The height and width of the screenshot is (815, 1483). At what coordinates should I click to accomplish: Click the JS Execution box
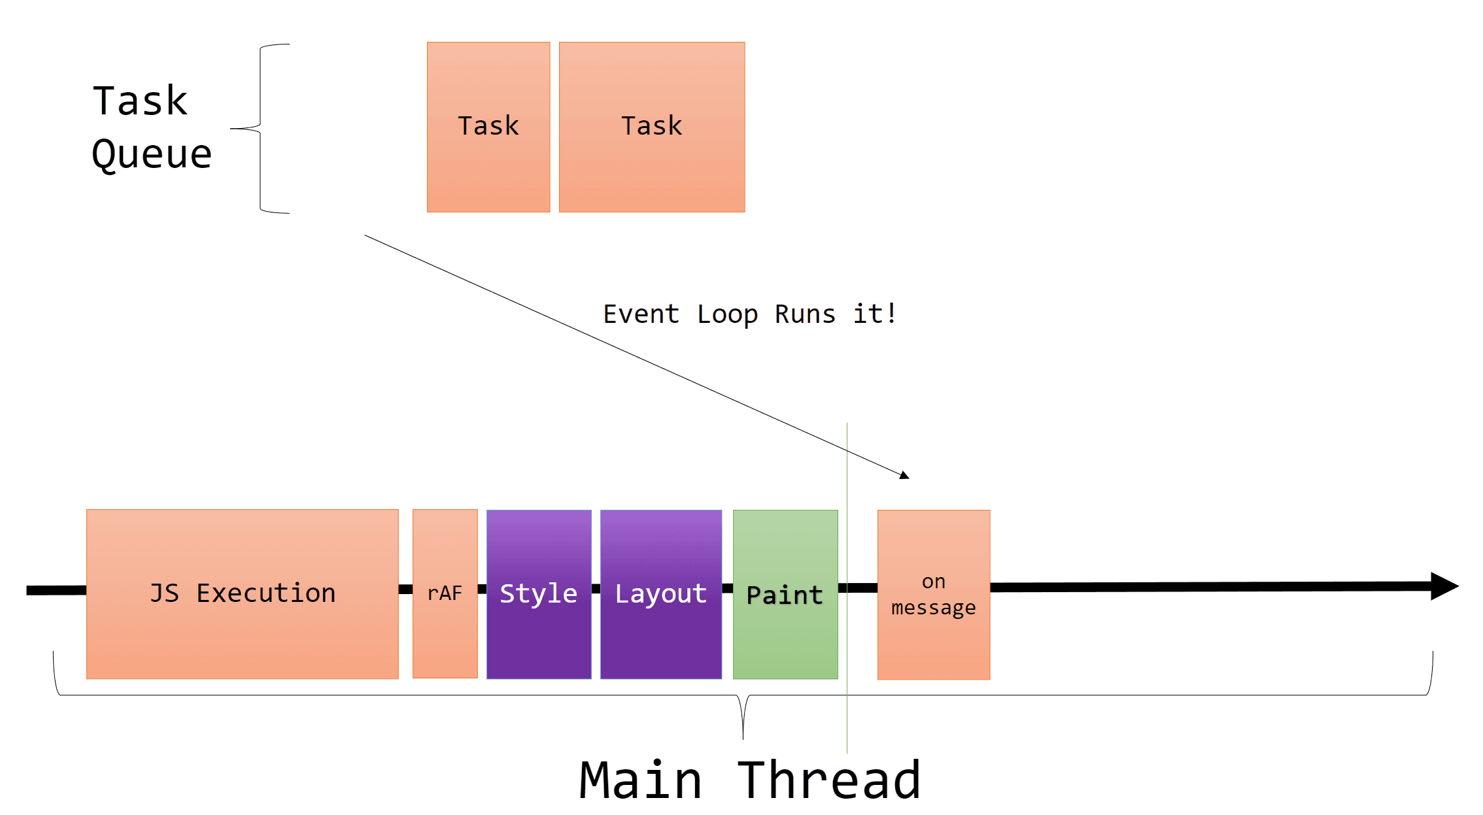(242, 593)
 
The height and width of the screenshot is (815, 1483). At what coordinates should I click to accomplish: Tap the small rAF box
(445, 593)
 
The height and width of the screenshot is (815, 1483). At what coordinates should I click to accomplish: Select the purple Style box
(539, 593)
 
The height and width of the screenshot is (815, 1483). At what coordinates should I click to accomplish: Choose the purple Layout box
(660, 593)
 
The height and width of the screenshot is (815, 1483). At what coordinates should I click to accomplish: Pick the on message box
(933, 595)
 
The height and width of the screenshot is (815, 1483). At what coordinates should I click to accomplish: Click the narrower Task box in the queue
(488, 127)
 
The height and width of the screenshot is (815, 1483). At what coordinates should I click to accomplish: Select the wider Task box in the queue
(651, 127)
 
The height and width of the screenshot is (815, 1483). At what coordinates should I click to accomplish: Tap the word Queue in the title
(152, 156)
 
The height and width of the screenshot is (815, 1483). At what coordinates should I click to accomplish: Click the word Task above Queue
(140, 101)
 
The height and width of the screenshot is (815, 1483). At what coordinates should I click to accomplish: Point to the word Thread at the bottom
(829, 780)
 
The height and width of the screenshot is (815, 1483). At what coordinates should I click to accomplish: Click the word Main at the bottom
(641, 780)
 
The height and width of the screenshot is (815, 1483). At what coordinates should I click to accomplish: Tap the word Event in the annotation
(641, 314)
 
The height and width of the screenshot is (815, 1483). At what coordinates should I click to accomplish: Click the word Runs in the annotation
(805, 314)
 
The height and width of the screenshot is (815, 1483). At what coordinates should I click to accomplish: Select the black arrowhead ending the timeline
(1443, 586)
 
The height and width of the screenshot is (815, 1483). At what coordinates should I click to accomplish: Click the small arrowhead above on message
(904, 475)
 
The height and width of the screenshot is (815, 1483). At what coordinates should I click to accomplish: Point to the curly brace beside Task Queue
(260, 129)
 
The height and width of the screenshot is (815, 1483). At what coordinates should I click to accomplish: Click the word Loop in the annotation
(727, 315)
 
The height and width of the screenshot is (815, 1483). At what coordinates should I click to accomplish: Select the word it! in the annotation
(875, 314)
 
